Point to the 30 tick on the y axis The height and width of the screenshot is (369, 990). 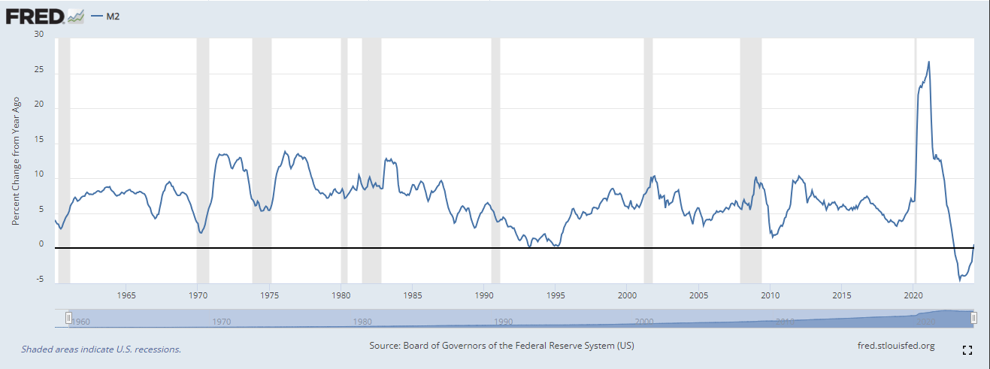coord(39,35)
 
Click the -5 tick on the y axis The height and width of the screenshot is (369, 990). coord(39,280)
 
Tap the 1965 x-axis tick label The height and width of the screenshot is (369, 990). coord(126,295)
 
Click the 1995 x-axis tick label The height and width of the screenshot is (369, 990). coord(556,295)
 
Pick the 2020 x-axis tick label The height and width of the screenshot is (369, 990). coord(914,295)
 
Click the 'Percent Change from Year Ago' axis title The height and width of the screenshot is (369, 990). coord(16,162)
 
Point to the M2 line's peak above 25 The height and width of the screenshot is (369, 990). coord(929,62)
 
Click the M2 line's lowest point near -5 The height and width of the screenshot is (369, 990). coord(960,280)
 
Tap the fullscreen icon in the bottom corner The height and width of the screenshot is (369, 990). coord(967,350)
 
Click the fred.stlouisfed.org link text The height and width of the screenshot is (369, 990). coord(896,346)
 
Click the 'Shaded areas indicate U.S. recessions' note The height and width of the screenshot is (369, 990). coord(101,349)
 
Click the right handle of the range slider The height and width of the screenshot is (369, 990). coord(973,318)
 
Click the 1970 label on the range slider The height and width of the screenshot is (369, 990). coord(221,322)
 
